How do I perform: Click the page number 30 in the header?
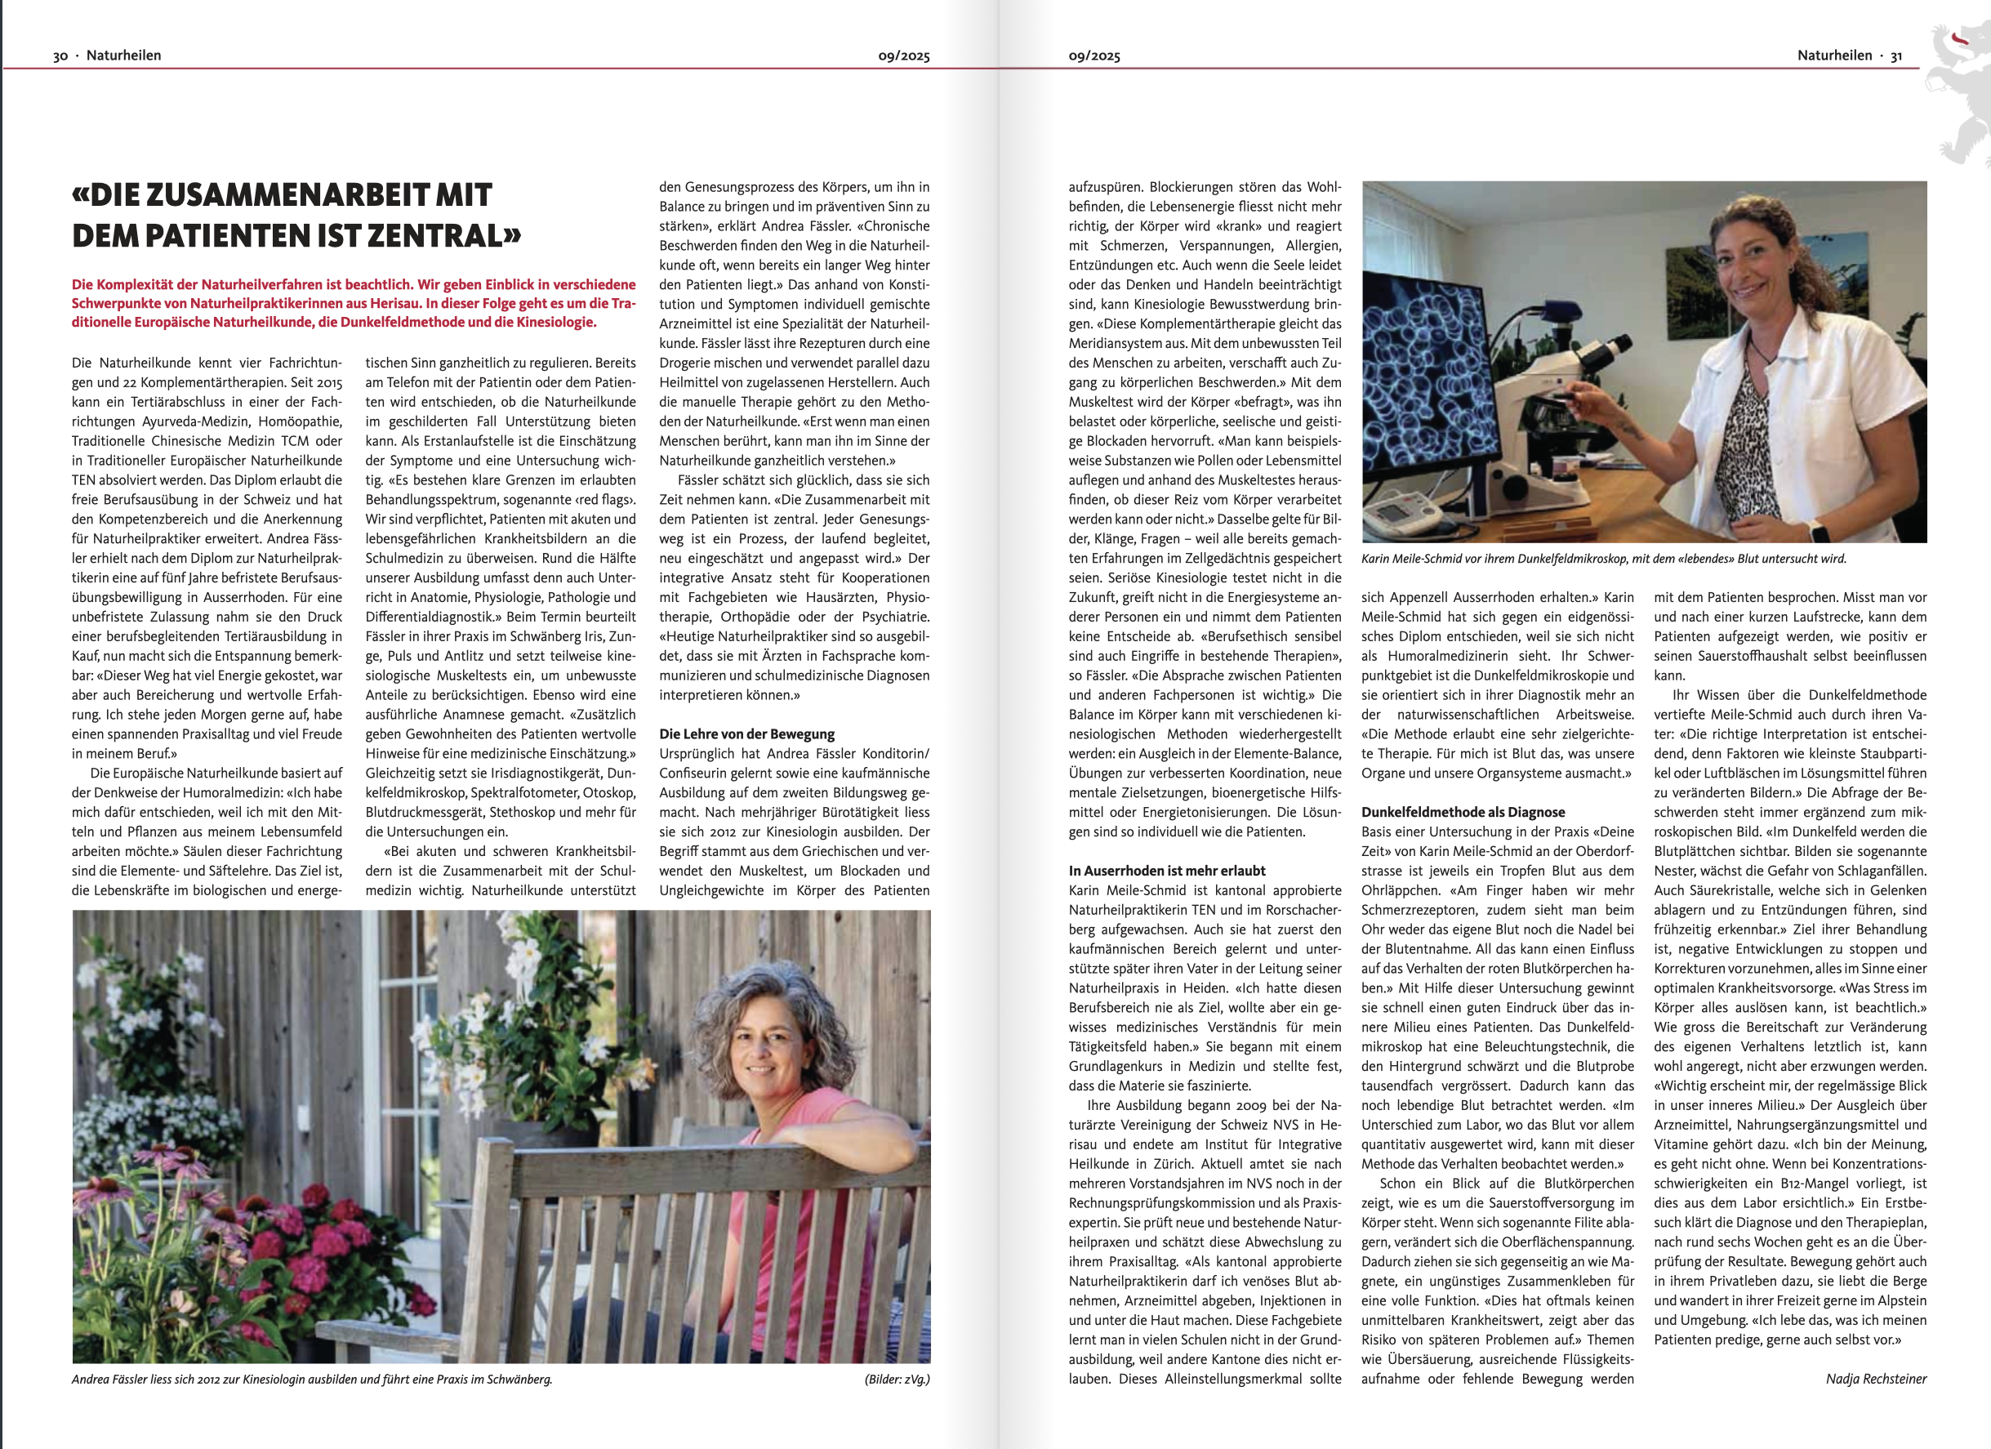(60, 56)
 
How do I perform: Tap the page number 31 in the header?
(1896, 56)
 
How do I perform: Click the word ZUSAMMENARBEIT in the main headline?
(292, 195)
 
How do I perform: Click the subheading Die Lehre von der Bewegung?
(746, 734)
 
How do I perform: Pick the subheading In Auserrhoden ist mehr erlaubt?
(1167, 870)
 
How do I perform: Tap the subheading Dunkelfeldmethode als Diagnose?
(1463, 813)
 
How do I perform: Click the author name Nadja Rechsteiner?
(1876, 1379)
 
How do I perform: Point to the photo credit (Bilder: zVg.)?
(897, 1379)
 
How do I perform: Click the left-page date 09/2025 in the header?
(903, 56)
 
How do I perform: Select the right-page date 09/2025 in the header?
(1093, 56)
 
